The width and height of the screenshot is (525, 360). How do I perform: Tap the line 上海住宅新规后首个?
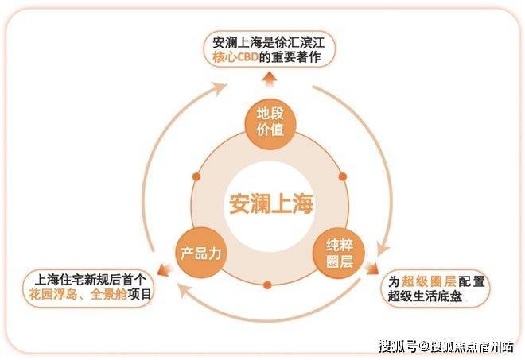87,279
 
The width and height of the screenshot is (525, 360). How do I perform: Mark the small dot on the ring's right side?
343,176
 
